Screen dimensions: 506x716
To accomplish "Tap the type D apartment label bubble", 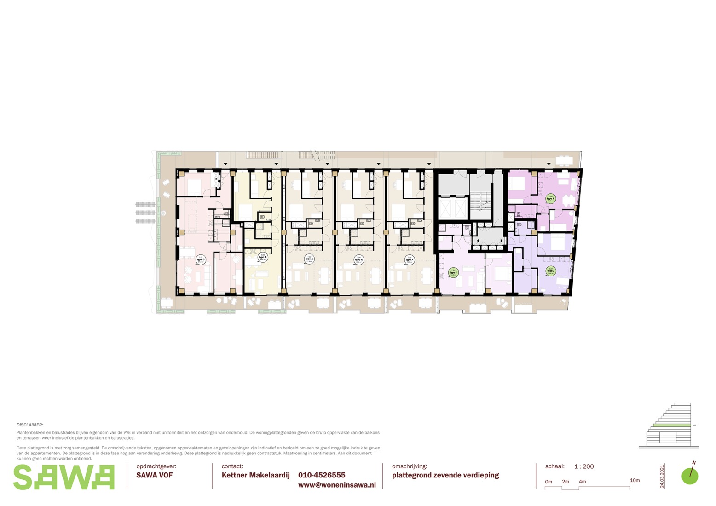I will (x=263, y=257).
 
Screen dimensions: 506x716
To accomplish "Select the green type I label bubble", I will (x=453, y=273).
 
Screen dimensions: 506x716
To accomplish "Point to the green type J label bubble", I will (x=550, y=271).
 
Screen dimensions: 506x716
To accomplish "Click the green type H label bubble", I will (x=550, y=199).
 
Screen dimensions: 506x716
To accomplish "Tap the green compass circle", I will (x=690, y=477).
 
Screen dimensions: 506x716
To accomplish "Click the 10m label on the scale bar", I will (x=635, y=480).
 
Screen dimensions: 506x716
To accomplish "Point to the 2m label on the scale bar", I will (x=565, y=482).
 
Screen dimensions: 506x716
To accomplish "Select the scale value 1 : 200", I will (x=584, y=466).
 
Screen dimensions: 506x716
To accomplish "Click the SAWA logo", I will (x=64, y=477).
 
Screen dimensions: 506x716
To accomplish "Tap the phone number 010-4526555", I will (x=322, y=475).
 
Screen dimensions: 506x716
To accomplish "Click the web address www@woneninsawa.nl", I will (x=337, y=485).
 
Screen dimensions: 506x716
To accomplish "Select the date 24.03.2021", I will (x=662, y=476).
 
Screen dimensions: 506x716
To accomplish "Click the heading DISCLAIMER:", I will (x=30, y=425).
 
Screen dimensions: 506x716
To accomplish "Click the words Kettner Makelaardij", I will (x=256, y=475).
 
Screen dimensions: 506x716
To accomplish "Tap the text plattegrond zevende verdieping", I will (x=445, y=475).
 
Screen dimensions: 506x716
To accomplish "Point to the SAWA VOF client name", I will (x=155, y=475).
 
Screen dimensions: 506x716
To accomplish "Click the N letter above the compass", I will (x=694, y=463).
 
